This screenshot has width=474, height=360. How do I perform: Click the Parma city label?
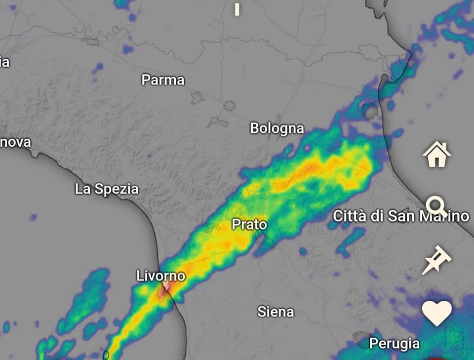point(163,80)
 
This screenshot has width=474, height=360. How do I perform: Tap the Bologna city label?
point(276,129)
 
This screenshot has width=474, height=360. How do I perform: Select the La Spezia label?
point(107,189)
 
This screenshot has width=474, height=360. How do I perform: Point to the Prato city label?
point(249,225)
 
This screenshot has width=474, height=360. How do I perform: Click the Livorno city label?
point(161,276)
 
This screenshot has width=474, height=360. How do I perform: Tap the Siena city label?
point(276,312)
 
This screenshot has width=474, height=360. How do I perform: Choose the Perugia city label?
point(395,343)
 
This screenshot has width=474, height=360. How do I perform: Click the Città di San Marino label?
point(400,216)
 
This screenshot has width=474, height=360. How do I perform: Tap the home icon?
point(437,154)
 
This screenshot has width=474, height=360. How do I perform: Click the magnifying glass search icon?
point(436,206)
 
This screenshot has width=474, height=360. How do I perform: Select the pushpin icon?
point(436,260)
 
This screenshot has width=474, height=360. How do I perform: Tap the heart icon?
point(437,313)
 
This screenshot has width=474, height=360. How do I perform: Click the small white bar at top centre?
point(237,9)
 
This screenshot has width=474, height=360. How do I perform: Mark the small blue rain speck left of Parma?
point(98,67)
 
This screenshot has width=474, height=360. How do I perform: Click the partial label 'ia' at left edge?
point(4,62)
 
